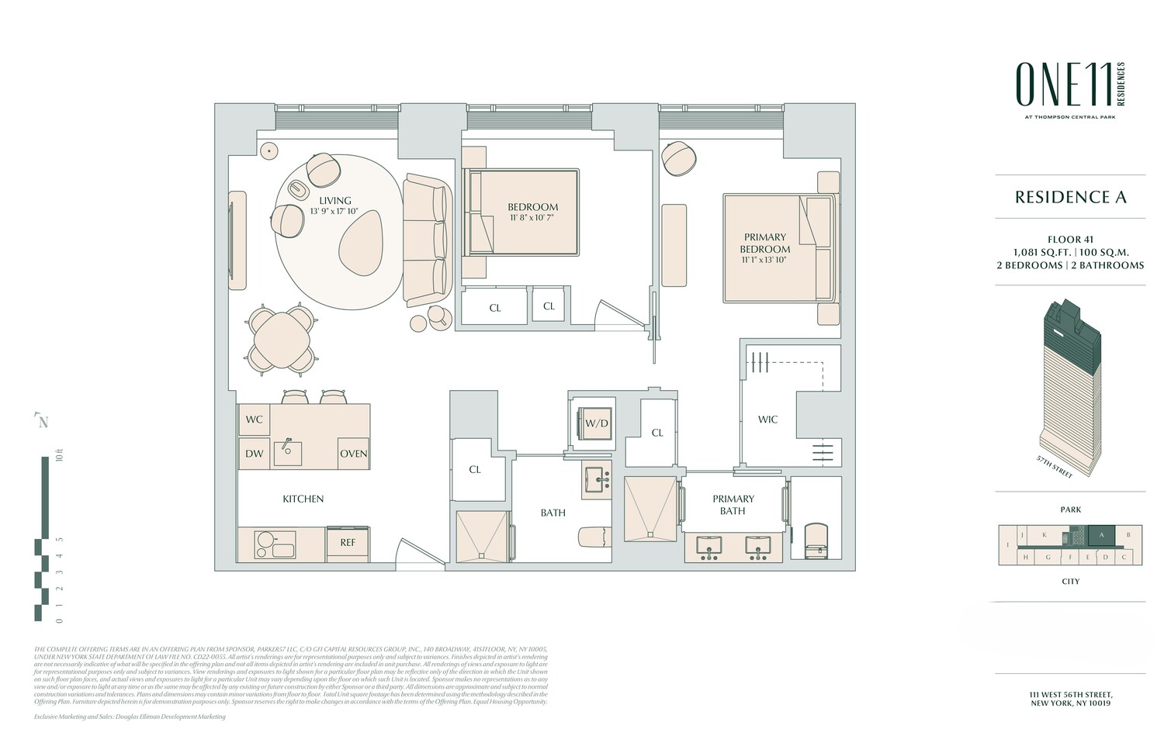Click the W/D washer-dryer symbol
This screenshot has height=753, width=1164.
pyautogui.click(x=596, y=423)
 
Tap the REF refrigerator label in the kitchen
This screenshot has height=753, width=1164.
pyautogui.click(x=348, y=542)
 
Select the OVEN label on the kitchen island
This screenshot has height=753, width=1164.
pyautogui.click(x=354, y=454)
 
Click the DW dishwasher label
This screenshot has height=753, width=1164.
pyautogui.click(x=255, y=454)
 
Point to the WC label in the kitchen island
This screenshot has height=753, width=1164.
pyautogui.click(x=255, y=420)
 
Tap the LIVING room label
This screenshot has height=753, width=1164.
pyautogui.click(x=335, y=201)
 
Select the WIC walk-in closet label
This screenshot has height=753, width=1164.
pyautogui.click(x=767, y=420)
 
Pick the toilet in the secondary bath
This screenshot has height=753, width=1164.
pyautogui.click(x=595, y=537)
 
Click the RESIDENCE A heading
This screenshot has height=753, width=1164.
pyautogui.click(x=1070, y=197)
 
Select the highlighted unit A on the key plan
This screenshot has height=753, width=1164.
pyautogui.click(x=1101, y=534)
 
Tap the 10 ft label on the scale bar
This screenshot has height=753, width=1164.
pyautogui.click(x=58, y=454)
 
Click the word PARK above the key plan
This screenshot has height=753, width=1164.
pyautogui.click(x=1070, y=509)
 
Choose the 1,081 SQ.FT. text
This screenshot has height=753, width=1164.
pyautogui.click(x=1042, y=252)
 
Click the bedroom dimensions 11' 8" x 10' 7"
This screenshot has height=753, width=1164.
pyautogui.click(x=533, y=219)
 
